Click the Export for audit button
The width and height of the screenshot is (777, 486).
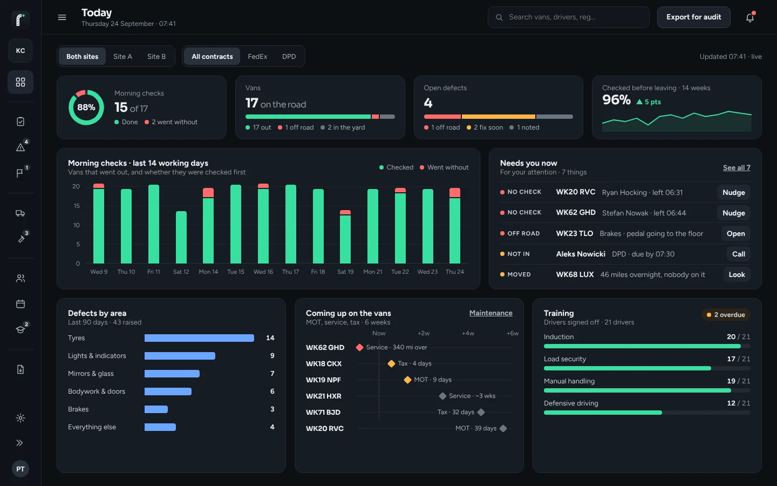point(693,17)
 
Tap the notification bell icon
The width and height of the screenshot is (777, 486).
point(750,17)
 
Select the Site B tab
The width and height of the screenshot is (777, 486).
point(156,56)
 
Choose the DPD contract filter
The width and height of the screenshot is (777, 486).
point(289,56)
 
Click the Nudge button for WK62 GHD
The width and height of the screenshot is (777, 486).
point(734,213)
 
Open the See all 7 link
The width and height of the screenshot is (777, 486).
point(737,167)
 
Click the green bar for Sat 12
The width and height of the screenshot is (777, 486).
point(181,238)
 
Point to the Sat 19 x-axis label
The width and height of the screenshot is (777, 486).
point(345,272)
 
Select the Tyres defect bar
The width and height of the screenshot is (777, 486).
point(199,338)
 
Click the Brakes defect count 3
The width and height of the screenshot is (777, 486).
point(272,409)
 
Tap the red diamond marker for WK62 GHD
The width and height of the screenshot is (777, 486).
point(359,347)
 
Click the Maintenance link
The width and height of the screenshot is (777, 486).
point(491,313)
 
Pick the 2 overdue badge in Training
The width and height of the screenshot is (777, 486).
point(726,314)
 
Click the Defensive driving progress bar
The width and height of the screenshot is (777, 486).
point(647,413)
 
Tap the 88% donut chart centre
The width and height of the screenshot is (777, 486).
point(86,107)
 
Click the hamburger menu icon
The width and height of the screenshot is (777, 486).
point(62,17)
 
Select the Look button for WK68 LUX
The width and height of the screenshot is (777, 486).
point(737,274)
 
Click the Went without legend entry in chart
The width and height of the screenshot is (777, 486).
point(444,167)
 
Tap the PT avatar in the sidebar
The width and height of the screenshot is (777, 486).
point(21,469)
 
